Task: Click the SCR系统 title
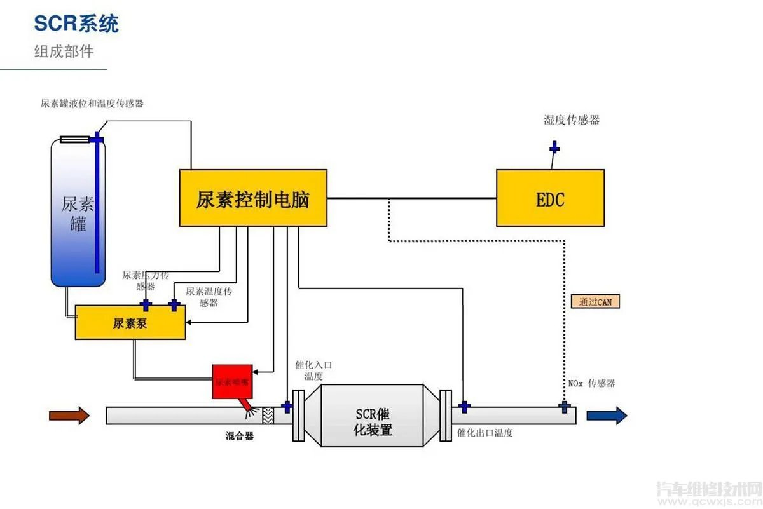[76, 24]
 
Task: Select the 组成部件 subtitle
[64, 51]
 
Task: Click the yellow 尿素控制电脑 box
[253, 198]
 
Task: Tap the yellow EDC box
[550, 198]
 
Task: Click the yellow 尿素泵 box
[130, 323]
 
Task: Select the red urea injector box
[232, 382]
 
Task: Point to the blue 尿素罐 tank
[78, 213]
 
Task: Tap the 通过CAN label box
[595, 302]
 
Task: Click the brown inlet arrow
[69, 416]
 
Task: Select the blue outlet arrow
[607, 416]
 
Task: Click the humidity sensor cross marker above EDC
[554, 149]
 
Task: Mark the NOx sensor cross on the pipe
[563, 406]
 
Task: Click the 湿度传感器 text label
[572, 120]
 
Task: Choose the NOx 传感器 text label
[591, 383]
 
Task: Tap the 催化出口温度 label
[485, 433]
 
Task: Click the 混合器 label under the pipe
[240, 436]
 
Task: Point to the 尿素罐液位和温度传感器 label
[92, 104]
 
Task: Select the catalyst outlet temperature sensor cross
[464, 407]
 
